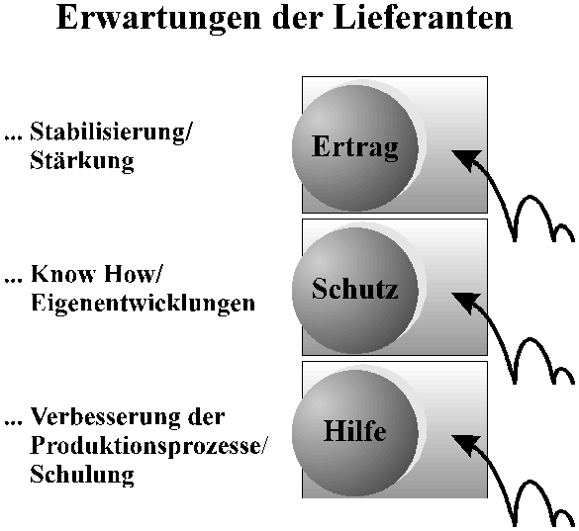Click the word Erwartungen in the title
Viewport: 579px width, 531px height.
[x=158, y=19]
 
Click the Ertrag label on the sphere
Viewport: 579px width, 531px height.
[x=355, y=147]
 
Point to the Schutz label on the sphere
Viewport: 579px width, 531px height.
[x=355, y=288]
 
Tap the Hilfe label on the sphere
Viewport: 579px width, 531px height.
[x=355, y=430]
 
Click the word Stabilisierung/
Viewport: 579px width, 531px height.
[x=111, y=132]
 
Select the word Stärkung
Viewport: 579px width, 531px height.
[x=81, y=161]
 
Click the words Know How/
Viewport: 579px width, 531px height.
[x=96, y=274]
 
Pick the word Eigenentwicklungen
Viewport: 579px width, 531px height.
[x=143, y=304]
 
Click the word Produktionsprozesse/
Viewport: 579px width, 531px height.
[x=147, y=447]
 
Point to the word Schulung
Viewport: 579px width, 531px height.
[x=81, y=475]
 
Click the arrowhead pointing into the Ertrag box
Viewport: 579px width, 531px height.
[x=467, y=159]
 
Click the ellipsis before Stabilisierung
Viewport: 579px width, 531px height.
[x=13, y=138]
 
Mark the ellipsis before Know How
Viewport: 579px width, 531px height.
[x=13, y=281]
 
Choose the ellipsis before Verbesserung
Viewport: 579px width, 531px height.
[x=13, y=423]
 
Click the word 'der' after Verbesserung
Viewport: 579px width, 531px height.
[x=207, y=416]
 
